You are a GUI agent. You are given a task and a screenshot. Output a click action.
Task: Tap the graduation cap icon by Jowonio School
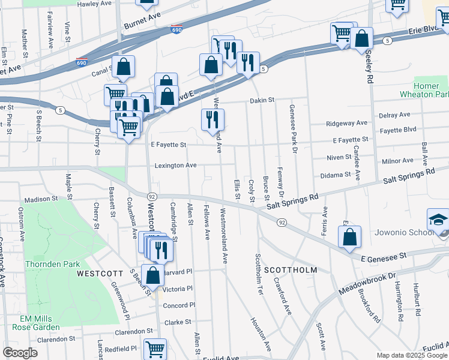438,219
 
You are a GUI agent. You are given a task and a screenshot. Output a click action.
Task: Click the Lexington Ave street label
175,166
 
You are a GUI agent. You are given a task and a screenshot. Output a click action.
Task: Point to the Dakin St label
262,100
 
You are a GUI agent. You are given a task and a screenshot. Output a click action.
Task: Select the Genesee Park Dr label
292,123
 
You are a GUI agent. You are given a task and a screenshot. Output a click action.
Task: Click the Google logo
20,353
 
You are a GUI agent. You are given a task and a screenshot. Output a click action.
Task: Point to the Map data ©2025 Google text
411,355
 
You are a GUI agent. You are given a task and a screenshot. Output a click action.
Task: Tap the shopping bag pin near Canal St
123,67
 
